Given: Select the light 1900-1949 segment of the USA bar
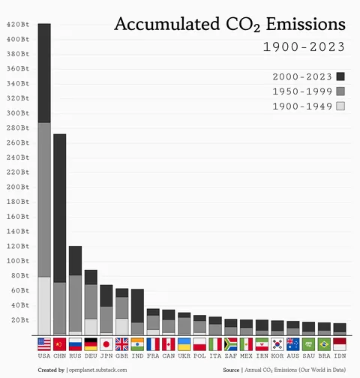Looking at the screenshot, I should (44, 306).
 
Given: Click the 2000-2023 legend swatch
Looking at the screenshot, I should (340, 76).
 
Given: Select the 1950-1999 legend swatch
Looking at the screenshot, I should (340, 91).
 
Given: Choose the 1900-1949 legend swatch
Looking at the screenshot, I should (340, 106).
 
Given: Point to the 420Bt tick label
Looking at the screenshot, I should (18, 25).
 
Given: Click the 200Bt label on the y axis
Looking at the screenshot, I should (18, 187).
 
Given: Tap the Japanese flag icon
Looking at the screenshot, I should (106, 344).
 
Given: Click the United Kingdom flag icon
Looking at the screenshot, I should (122, 344).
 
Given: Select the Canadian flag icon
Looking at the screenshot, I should (169, 344).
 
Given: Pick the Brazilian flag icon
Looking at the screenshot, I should (324, 344).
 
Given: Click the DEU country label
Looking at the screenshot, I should (91, 357).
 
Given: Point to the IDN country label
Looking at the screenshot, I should (340, 357).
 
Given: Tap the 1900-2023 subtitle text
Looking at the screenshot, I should (303, 47).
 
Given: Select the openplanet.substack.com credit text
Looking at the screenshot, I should (103, 370).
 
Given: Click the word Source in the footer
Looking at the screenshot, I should (231, 370).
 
